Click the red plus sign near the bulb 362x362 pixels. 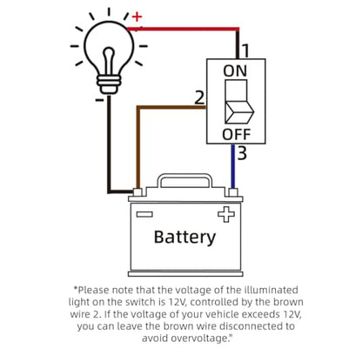coord(137,17)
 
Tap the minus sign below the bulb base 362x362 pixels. coord(99,100)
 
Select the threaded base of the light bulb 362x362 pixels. coord(109,84)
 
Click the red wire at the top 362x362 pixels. coord(183,29)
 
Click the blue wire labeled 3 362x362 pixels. coord(232,166)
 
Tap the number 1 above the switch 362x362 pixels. coord(245,51)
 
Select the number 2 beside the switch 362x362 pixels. coord(199,97)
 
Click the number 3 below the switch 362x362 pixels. coord(242,153)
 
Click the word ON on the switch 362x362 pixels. coord(235,71)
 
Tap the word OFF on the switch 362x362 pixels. coord(236,134)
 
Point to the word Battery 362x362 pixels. coord(184,238)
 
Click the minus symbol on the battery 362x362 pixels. coord(144,214)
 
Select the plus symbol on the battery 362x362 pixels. coord(226,214)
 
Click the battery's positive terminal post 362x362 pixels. coord(233,192)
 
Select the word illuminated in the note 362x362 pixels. coord(271,290)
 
